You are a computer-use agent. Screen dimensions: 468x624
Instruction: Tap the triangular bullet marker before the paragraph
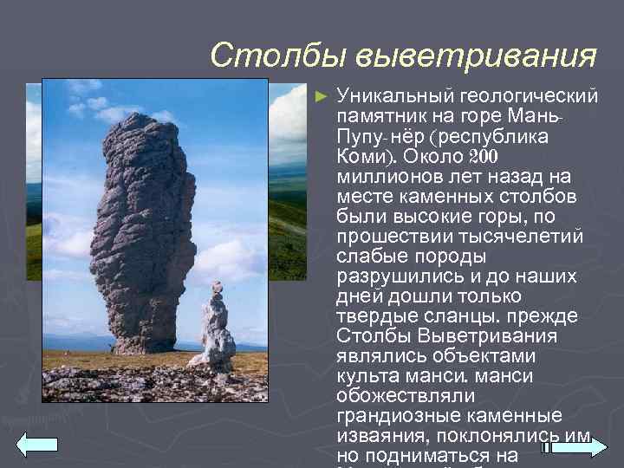pos(323,93)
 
